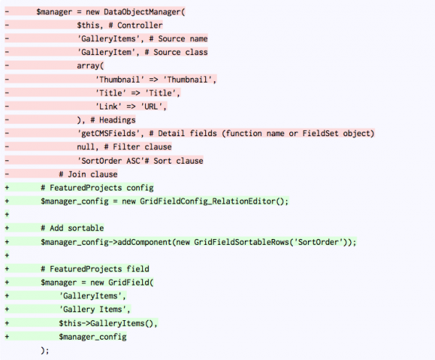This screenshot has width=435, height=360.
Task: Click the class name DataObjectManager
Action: (x=142, y=12)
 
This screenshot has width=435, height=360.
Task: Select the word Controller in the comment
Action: (x=140, y=25)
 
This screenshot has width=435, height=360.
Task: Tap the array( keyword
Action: (x=90, y=66)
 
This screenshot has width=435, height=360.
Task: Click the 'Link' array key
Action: (x=109, y=106)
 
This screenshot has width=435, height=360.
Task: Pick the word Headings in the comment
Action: (x=117, y=120)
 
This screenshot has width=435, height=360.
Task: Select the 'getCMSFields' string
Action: (x=109, y=133)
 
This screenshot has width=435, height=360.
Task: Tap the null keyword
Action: (x=86, y=147)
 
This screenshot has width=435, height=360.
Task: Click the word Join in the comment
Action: (x=77, y=175)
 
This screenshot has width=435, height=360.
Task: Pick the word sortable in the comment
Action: (x=86, y=228)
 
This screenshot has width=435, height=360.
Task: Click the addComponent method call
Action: (x=144, y=242)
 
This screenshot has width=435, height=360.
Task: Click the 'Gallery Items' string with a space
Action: (x=93, y=309)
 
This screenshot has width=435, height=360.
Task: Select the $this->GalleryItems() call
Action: (x=106, y=323)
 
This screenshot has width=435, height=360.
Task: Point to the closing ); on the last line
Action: (x=45, y=351)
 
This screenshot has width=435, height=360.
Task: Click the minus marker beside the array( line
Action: (x=7, y=66)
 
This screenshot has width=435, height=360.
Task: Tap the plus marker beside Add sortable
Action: (x=7, y=228)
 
